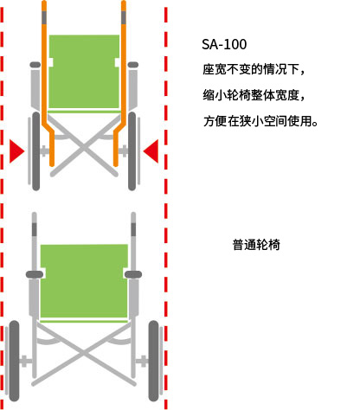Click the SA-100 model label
[224, 44]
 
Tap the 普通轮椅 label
[256, 245]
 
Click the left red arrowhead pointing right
[16, 151]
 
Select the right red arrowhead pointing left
[151, 151]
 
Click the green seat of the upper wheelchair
[84, 72]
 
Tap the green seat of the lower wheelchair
[84, 281]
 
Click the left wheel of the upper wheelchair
[36, 151]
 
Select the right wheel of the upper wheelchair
[132, 151]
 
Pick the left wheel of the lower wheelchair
[14, 361]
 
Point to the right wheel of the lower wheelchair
[154, 361]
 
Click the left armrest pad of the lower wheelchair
[35, 274]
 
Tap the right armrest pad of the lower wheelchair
[133, 274]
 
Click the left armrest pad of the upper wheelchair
[35, 65]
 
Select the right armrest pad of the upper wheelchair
[133, 65]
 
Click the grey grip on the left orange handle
[44, 17]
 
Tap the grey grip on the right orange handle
[124, 17]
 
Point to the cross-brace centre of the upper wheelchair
[84, 148]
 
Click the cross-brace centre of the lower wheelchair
[84, 353]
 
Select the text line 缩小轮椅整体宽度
[254, 95]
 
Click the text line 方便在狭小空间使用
[260, 121]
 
